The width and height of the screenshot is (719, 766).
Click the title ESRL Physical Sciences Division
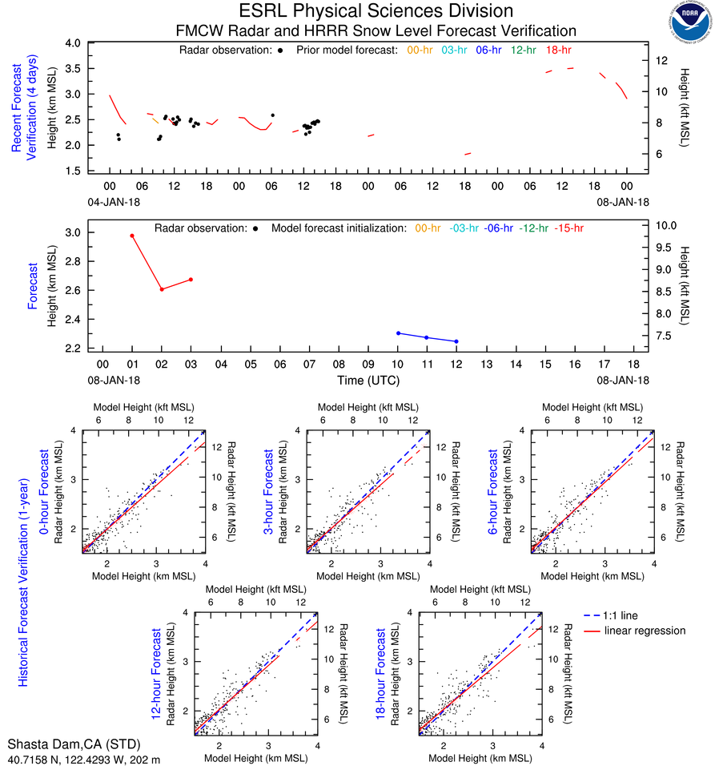point(376,11)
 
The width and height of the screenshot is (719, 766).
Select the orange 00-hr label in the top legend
point(420,50)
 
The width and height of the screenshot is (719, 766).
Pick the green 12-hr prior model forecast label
point(523,50)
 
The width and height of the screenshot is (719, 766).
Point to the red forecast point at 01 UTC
point(132,236)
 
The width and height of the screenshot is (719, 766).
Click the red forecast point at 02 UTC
point(162,289)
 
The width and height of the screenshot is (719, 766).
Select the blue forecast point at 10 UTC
point(398,333)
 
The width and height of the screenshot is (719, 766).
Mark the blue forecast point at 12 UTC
point(456,341)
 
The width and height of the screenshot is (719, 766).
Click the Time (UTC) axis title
point(368,380)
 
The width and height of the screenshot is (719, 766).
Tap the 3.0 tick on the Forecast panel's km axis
point(80,233)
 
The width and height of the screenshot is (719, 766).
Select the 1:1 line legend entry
point(622,615)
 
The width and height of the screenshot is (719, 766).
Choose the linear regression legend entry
point(645,631)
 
